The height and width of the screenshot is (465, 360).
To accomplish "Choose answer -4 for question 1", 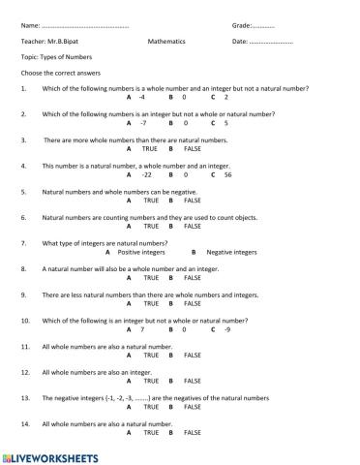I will [141, 98].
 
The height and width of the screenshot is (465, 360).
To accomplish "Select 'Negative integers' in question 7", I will [231, 252].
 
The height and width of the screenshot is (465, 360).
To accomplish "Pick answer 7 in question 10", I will [141, 329].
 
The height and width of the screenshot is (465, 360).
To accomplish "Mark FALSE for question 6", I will [192, 227].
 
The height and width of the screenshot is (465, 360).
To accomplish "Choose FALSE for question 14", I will [192, 432].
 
